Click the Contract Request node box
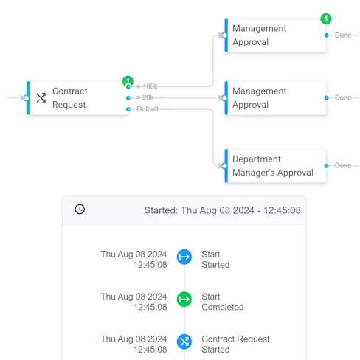77,98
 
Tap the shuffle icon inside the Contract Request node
41,98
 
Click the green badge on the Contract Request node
128,81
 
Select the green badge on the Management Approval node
326,18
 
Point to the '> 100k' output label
147,86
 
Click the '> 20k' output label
145,97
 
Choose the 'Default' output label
148,109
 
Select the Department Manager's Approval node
275,166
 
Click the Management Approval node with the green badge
275,35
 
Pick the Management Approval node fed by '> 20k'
275,98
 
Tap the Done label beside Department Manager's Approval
343,165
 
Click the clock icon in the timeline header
80,210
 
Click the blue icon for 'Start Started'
184,257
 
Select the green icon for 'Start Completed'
184,300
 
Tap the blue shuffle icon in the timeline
184,342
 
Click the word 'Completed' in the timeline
223,308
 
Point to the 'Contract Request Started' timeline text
235,345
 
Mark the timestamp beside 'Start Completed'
134,302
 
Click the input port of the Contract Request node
26,98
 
